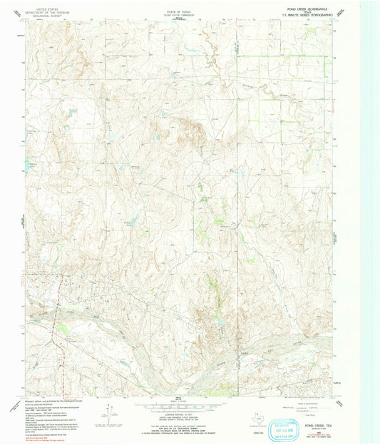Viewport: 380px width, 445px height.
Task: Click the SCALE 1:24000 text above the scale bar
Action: point(178,403)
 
